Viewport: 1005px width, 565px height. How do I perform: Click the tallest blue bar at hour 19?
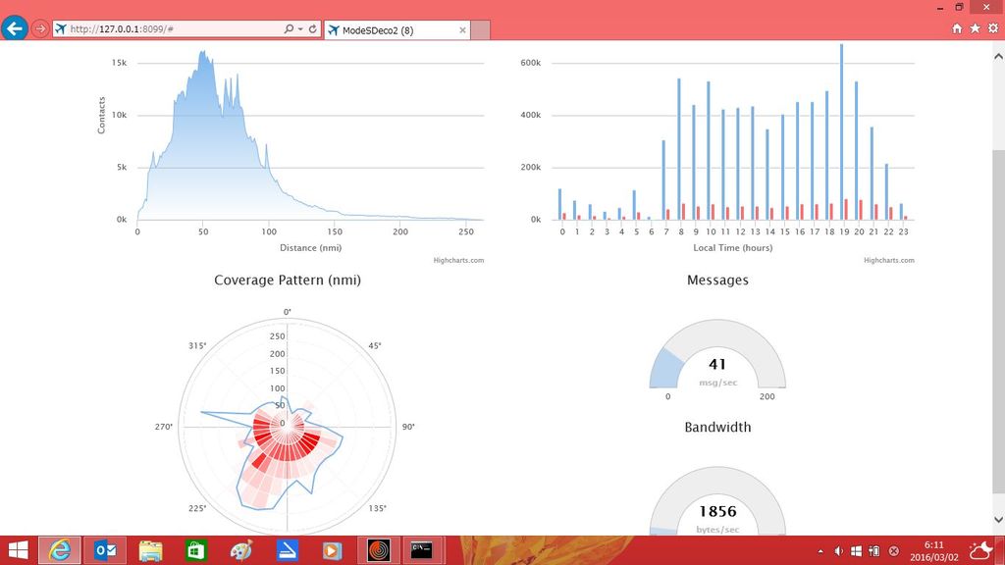pos(841,132)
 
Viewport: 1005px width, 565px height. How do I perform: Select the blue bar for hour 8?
pos(679,149)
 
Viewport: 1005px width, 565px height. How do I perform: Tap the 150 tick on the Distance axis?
pos(335,231)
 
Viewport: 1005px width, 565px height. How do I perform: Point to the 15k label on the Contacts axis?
pos(119,63)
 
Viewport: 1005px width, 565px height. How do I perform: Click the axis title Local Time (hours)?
pos(732,248)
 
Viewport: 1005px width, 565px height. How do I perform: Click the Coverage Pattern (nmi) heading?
pos(288,280)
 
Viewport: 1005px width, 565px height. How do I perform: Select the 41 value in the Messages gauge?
pos(717,365)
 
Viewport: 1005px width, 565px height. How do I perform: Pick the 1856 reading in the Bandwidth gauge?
pos(717,511)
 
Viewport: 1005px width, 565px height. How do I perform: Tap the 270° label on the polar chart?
pos(164,427)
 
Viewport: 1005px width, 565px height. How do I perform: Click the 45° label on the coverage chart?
pos(375,346)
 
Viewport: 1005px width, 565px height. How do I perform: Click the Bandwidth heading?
pos(717,428)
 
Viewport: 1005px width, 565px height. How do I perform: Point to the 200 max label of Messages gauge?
pos(767,396)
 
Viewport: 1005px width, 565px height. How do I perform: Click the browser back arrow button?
pos(14,28)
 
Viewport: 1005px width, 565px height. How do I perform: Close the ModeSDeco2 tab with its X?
pos(463,30)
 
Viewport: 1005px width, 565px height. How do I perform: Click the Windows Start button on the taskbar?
pos(18,550)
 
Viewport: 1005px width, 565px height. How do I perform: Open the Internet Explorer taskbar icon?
pos(60,550)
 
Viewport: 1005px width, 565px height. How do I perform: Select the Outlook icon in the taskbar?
pos(105,550)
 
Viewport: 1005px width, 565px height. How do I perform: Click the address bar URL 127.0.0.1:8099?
pos(122,28)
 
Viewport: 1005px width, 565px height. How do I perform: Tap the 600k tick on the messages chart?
pos(531,63)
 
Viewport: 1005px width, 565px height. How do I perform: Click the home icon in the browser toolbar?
pos(957,28)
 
